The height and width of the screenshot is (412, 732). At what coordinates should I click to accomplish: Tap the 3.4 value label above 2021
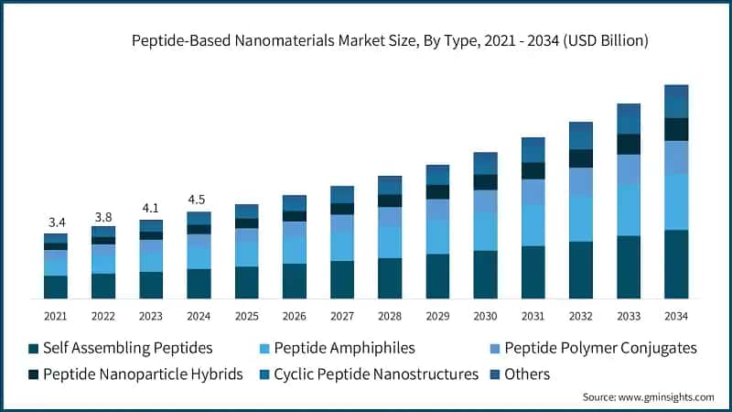56,222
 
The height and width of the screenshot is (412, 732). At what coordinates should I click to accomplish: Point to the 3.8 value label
103,216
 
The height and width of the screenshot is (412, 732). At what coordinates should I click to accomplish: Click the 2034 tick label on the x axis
676,315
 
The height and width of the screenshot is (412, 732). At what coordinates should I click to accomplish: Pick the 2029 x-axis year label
437,315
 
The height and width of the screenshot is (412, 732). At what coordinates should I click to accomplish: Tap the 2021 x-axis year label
56,315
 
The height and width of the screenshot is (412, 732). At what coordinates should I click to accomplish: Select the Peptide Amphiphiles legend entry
339,348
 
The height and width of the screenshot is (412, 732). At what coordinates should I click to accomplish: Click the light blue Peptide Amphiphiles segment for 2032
581,218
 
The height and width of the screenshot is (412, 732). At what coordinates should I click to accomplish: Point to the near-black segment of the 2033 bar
629,144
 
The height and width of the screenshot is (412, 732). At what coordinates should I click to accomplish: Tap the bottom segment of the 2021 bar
56,287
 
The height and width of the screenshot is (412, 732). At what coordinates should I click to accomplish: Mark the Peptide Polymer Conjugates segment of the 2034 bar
676,157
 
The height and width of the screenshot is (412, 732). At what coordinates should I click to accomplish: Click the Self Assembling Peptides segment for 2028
390,278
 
